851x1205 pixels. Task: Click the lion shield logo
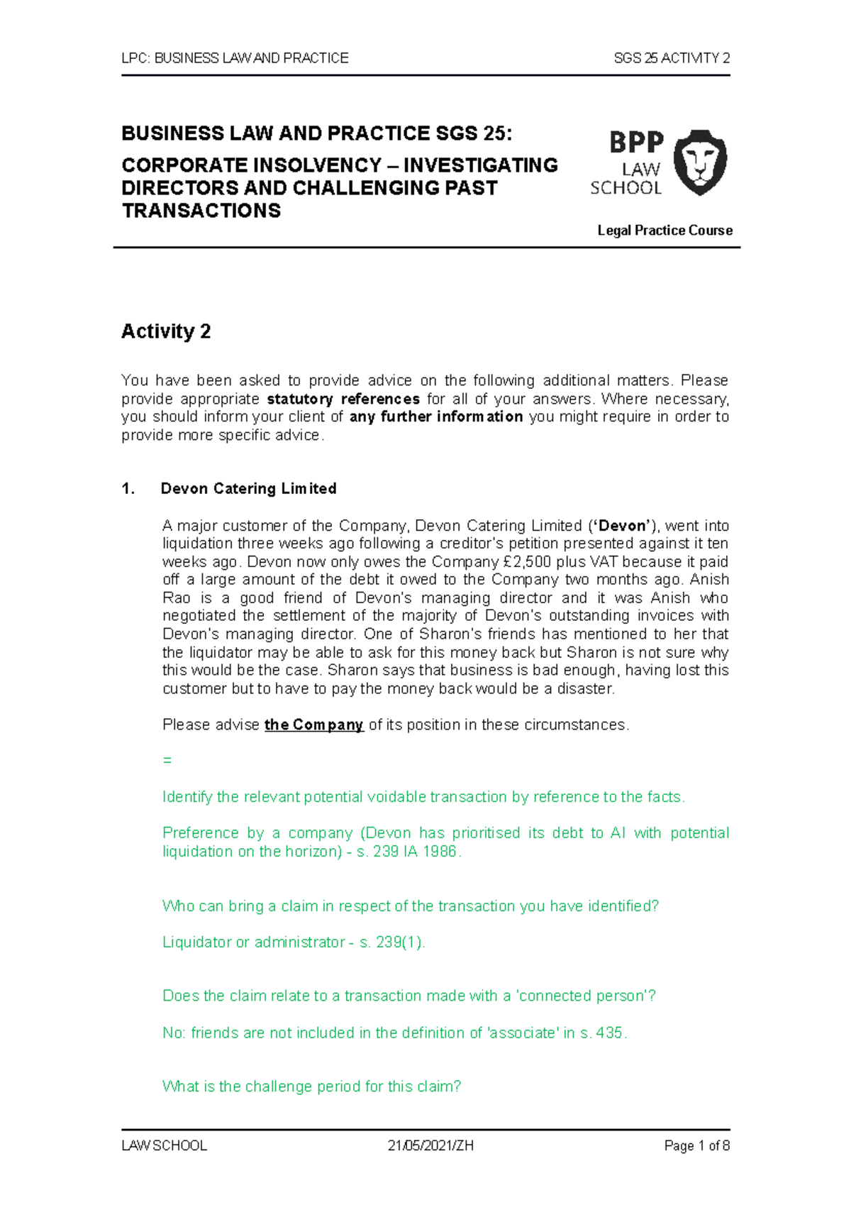pos(699,163)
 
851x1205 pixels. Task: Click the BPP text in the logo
pos(636,143)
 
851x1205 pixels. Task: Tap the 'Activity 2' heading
pos(166,331)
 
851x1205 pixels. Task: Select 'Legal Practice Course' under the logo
pos(664,230)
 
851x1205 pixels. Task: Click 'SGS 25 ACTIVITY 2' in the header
pos(671,58)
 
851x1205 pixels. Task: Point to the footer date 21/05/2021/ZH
pos(430,1145)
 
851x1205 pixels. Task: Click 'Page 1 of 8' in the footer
pos(696,1145)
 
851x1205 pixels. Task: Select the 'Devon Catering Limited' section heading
pos(248,488)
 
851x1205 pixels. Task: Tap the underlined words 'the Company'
pos(313,725)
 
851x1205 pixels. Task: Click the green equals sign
pos(167,760)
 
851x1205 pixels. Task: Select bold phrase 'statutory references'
pos(343,399)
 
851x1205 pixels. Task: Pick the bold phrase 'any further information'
pos(436,417)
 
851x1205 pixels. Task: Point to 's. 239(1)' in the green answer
pos(391,942)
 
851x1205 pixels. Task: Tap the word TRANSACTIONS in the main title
pos(201,211)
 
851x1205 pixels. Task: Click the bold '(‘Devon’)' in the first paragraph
pos(622,526)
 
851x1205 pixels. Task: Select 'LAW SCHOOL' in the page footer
pos(165,1145)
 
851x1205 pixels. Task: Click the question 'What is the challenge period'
pos(312,1086)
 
